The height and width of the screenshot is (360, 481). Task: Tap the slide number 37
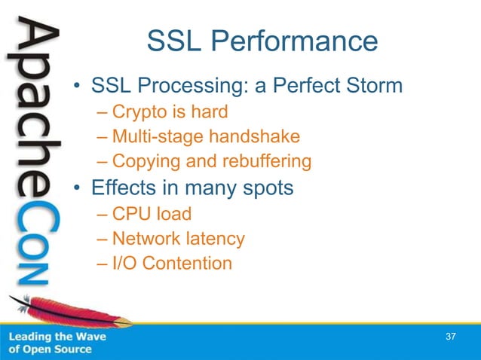pos(451,336)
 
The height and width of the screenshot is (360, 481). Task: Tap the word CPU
pos(129,214)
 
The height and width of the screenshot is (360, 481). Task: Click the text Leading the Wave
pos(57,337)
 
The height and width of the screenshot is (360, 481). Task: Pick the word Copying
pos(142,161)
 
